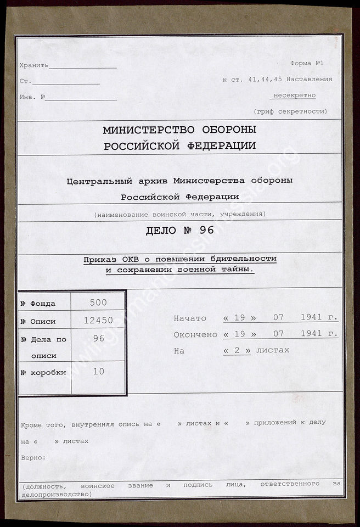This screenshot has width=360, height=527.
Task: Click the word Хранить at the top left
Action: click(x=33, y=65)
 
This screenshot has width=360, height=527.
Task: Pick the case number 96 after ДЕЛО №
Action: click(x=207, y=230)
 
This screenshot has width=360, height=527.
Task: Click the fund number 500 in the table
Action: click(x=98, y=302)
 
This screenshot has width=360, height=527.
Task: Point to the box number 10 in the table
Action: click(x=98, y=371)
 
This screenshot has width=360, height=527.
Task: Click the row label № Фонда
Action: click(x=38, y=304)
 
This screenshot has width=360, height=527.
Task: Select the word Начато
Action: click(x=190, y=318)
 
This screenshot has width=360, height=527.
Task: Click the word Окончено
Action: click(x=195, y=334)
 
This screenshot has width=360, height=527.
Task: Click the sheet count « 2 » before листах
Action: click(x=237, y=350)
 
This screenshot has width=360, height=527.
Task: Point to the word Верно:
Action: click(x=33, y=457)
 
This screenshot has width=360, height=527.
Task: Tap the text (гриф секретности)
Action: click(x=290, y=111)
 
